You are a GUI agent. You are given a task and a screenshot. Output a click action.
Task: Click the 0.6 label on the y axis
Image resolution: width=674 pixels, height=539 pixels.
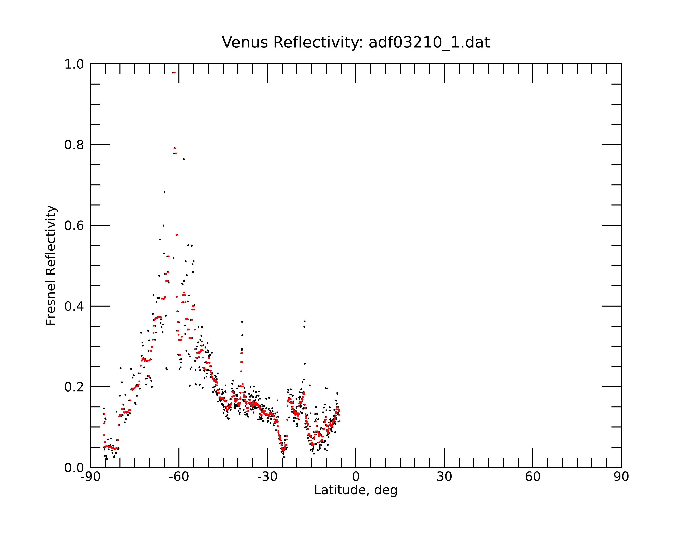click(74, 225)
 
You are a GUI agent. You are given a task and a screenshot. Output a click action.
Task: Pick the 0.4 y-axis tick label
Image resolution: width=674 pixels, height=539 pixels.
click(74, 306)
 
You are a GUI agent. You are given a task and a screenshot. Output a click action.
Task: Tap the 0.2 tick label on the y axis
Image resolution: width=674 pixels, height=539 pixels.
click(74, 387)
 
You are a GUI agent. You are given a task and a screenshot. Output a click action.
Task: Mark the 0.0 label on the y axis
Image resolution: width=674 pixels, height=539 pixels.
click(74, 468)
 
